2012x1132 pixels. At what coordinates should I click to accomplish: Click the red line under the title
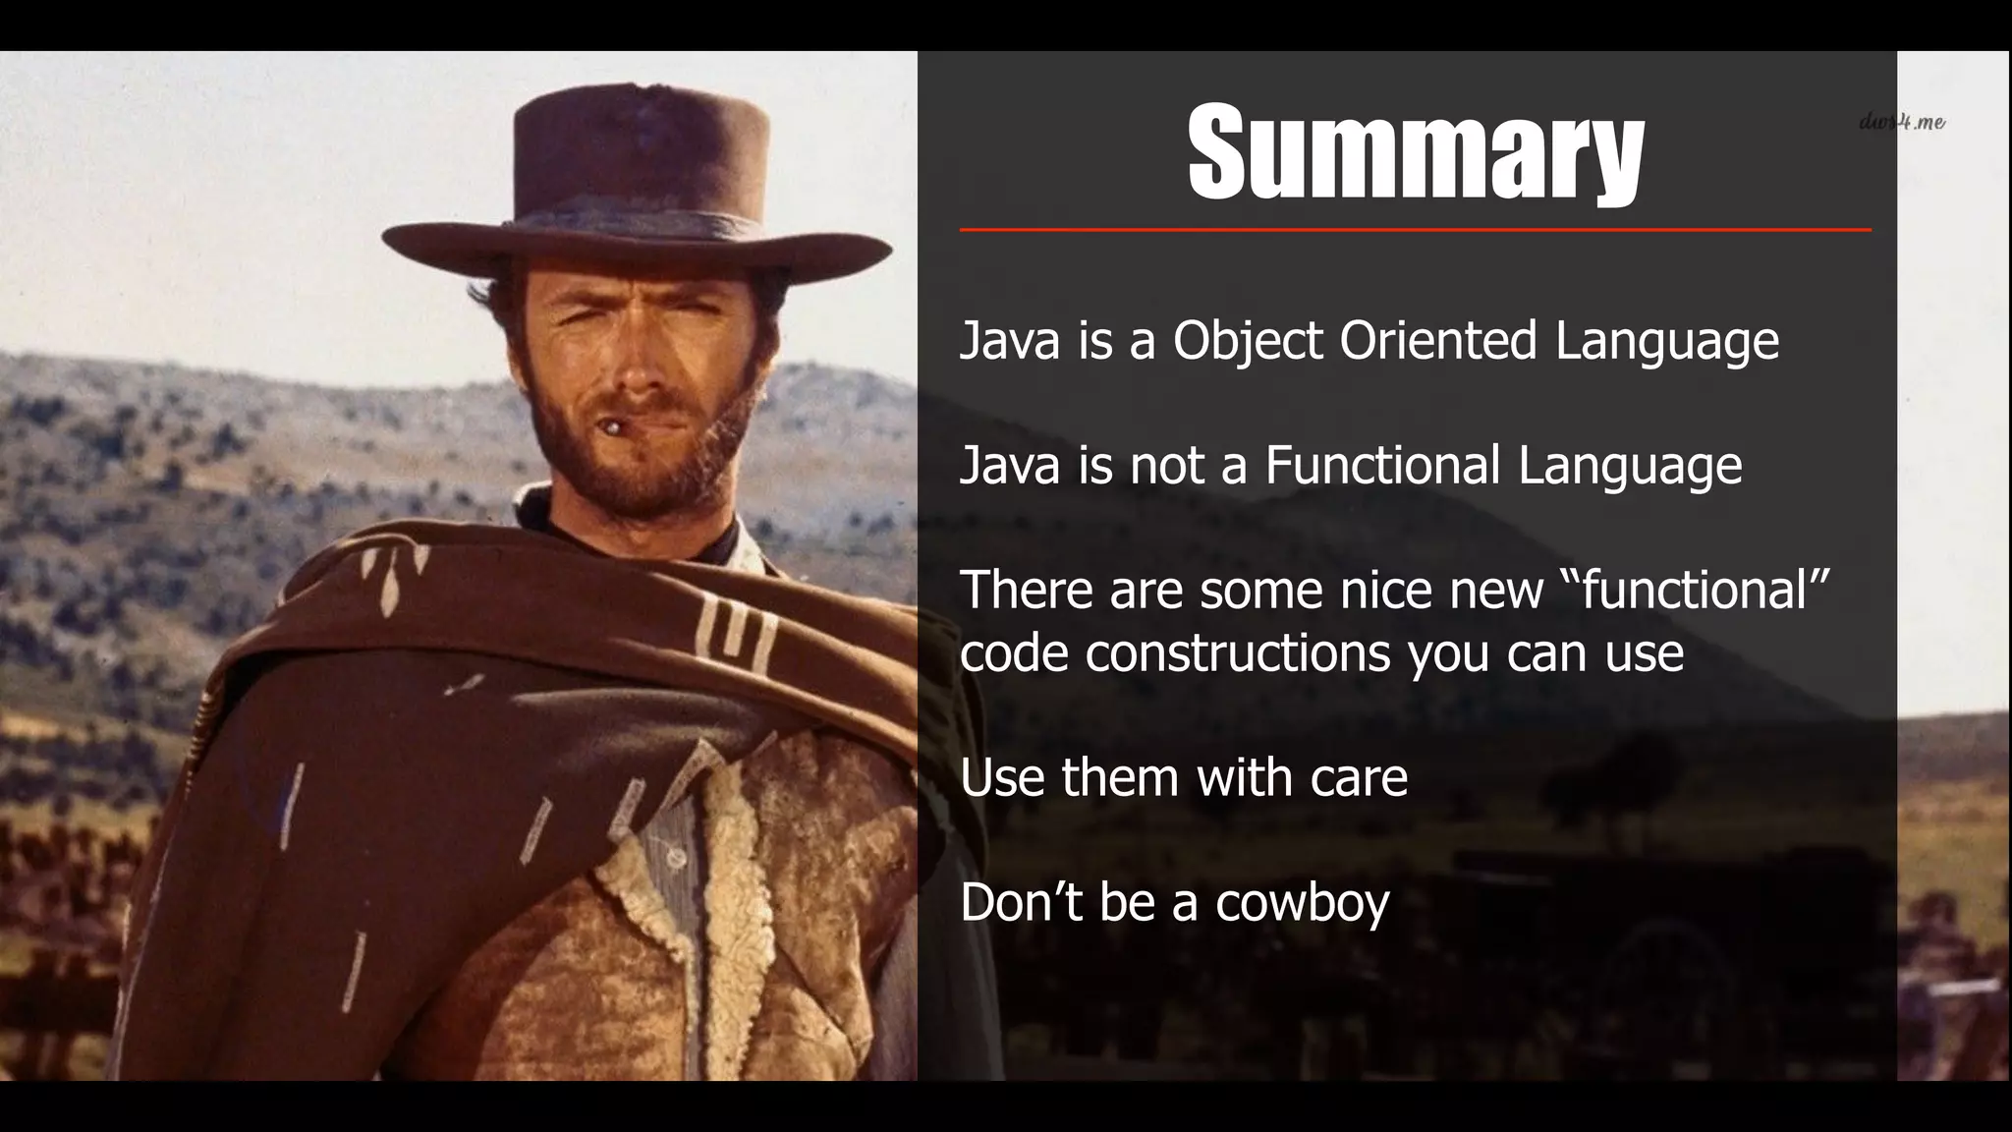pos(1415,230)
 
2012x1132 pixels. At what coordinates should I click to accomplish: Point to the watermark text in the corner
pos(1902,122)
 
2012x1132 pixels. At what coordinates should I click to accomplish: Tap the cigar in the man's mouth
pos(612,427)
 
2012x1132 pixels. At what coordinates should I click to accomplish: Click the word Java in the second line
pos(1010,465)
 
